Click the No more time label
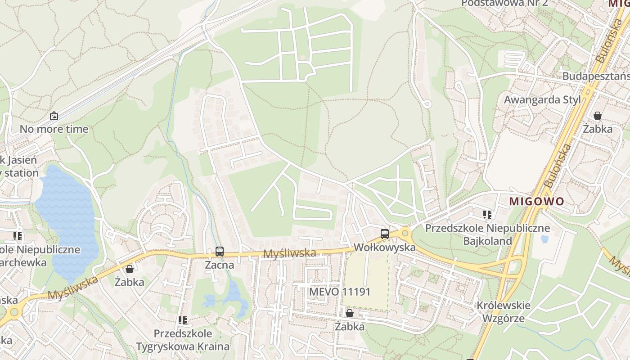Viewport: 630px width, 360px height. coord(54,129)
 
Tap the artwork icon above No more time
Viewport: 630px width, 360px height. coord(54,116)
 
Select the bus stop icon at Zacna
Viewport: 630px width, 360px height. coord(220,252)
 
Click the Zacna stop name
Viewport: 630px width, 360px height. coord(220,265)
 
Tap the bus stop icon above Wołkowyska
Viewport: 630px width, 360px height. coord(385,234)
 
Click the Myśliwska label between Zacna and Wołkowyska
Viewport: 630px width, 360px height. coord(289,253)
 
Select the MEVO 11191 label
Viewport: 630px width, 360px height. coord(340,292)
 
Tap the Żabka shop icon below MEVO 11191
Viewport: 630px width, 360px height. coord(350,313)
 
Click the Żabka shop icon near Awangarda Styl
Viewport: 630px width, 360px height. coord(598,116)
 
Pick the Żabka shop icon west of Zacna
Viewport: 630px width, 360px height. coord(130,269)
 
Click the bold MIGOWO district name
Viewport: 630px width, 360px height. coord(536,201)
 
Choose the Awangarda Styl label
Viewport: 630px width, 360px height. coord(542,99)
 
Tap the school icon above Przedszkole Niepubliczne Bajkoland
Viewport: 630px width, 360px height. coord(487,215)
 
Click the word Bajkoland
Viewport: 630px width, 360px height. coord(488,241)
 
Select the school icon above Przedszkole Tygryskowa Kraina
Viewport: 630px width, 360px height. coord(183,320)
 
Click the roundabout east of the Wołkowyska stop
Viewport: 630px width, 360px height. coord(405,233)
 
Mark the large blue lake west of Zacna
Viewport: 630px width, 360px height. coord(67,216)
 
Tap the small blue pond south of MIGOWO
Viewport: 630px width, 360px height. coord(544,239)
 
